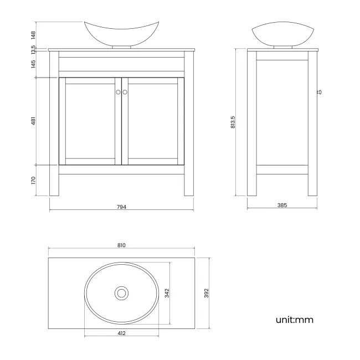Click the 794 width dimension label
pos(121,207)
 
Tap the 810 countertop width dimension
pos(121,245)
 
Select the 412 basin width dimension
pos(121,333)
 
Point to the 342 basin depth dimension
pos(167,292)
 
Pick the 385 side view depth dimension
pos(281,205)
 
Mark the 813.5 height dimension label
pos(233,122)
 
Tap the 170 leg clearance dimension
pos(34,180)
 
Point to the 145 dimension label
pos(34,64)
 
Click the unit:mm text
pos(295,320)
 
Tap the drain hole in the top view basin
pos(121,292)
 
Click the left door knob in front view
pos(118,92)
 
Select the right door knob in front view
pos(125,92)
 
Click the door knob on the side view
pos(320,92)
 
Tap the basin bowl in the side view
pos(281,34)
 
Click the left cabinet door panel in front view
pos(90,121)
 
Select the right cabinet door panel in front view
pos(153,121)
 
